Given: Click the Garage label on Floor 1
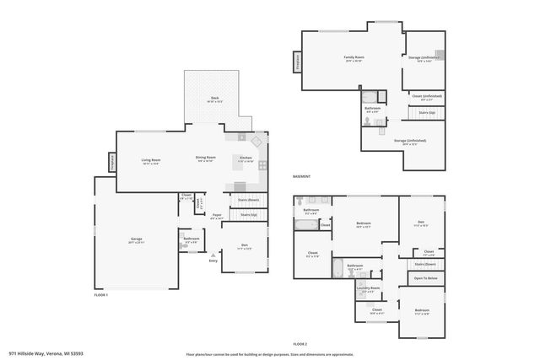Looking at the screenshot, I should (x=137, y=240).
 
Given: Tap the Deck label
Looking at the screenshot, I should (x=214, y=99).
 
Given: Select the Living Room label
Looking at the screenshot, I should (x=151, y=160).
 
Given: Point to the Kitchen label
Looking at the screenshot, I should (x=246, y=159).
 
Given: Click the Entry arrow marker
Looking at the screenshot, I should (x=213, y=261).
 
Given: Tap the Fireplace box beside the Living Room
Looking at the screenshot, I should (x=111, y=163).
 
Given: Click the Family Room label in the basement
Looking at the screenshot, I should (x=354, y=59).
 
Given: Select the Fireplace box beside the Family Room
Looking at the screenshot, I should (x=297, y=62).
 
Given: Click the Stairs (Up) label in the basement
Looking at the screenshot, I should (x=426, y=112).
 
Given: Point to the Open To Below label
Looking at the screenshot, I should (x=425, y=277).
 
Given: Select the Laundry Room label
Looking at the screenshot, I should (x=369, y=288).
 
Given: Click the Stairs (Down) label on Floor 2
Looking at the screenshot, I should (x=425, y=264).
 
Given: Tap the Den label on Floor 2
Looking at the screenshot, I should (x=420, y=223).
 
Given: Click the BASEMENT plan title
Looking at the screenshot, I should (x=301, y=176).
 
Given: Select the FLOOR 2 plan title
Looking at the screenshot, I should (x=300, y=344).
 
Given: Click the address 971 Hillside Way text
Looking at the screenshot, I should (x=46, y=353).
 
